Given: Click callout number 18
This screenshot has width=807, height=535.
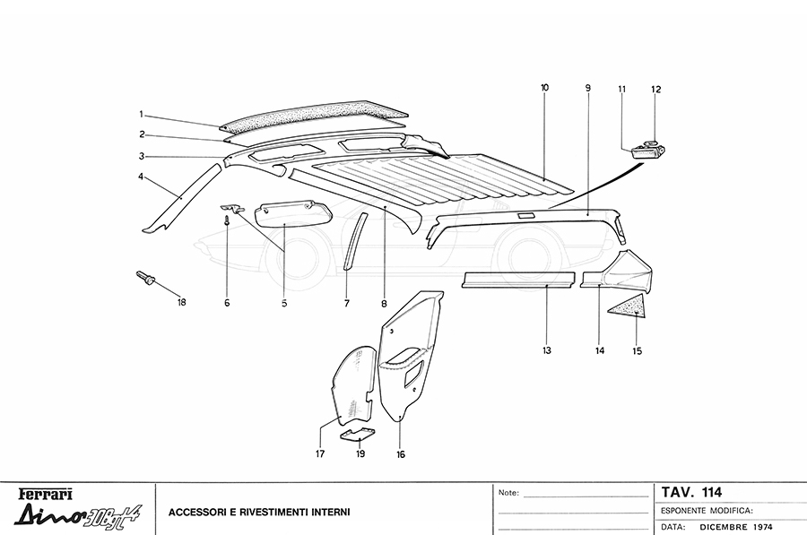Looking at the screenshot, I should [182, 302].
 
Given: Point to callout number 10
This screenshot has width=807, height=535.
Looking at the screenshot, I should [544, 87].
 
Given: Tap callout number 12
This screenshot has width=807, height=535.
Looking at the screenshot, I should [655, 89].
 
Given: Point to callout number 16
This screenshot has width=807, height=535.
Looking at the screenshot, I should [400, 454].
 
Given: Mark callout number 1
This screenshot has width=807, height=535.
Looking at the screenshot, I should [141, 114].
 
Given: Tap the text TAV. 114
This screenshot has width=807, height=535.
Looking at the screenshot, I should [690, 491].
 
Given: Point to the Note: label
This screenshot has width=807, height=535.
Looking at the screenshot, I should [508, 493].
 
